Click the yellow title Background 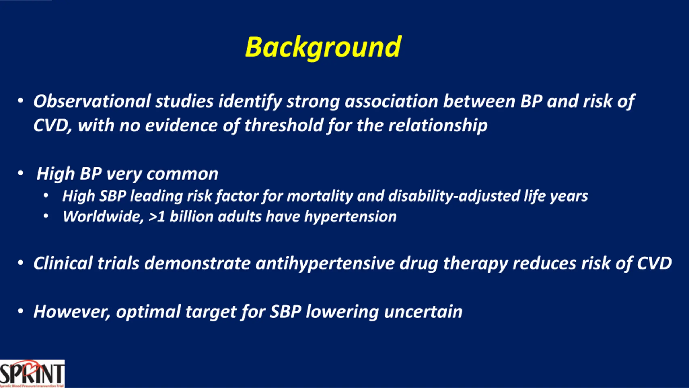point(323,48)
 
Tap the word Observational point(92,101)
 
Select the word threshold point(284,126)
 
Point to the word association point(392,101)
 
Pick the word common point(182,174)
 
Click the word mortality point(320,196)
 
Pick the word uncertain point(423,312)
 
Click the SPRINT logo point(32,374)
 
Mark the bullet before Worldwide point(46,216)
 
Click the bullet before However point(20,311)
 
